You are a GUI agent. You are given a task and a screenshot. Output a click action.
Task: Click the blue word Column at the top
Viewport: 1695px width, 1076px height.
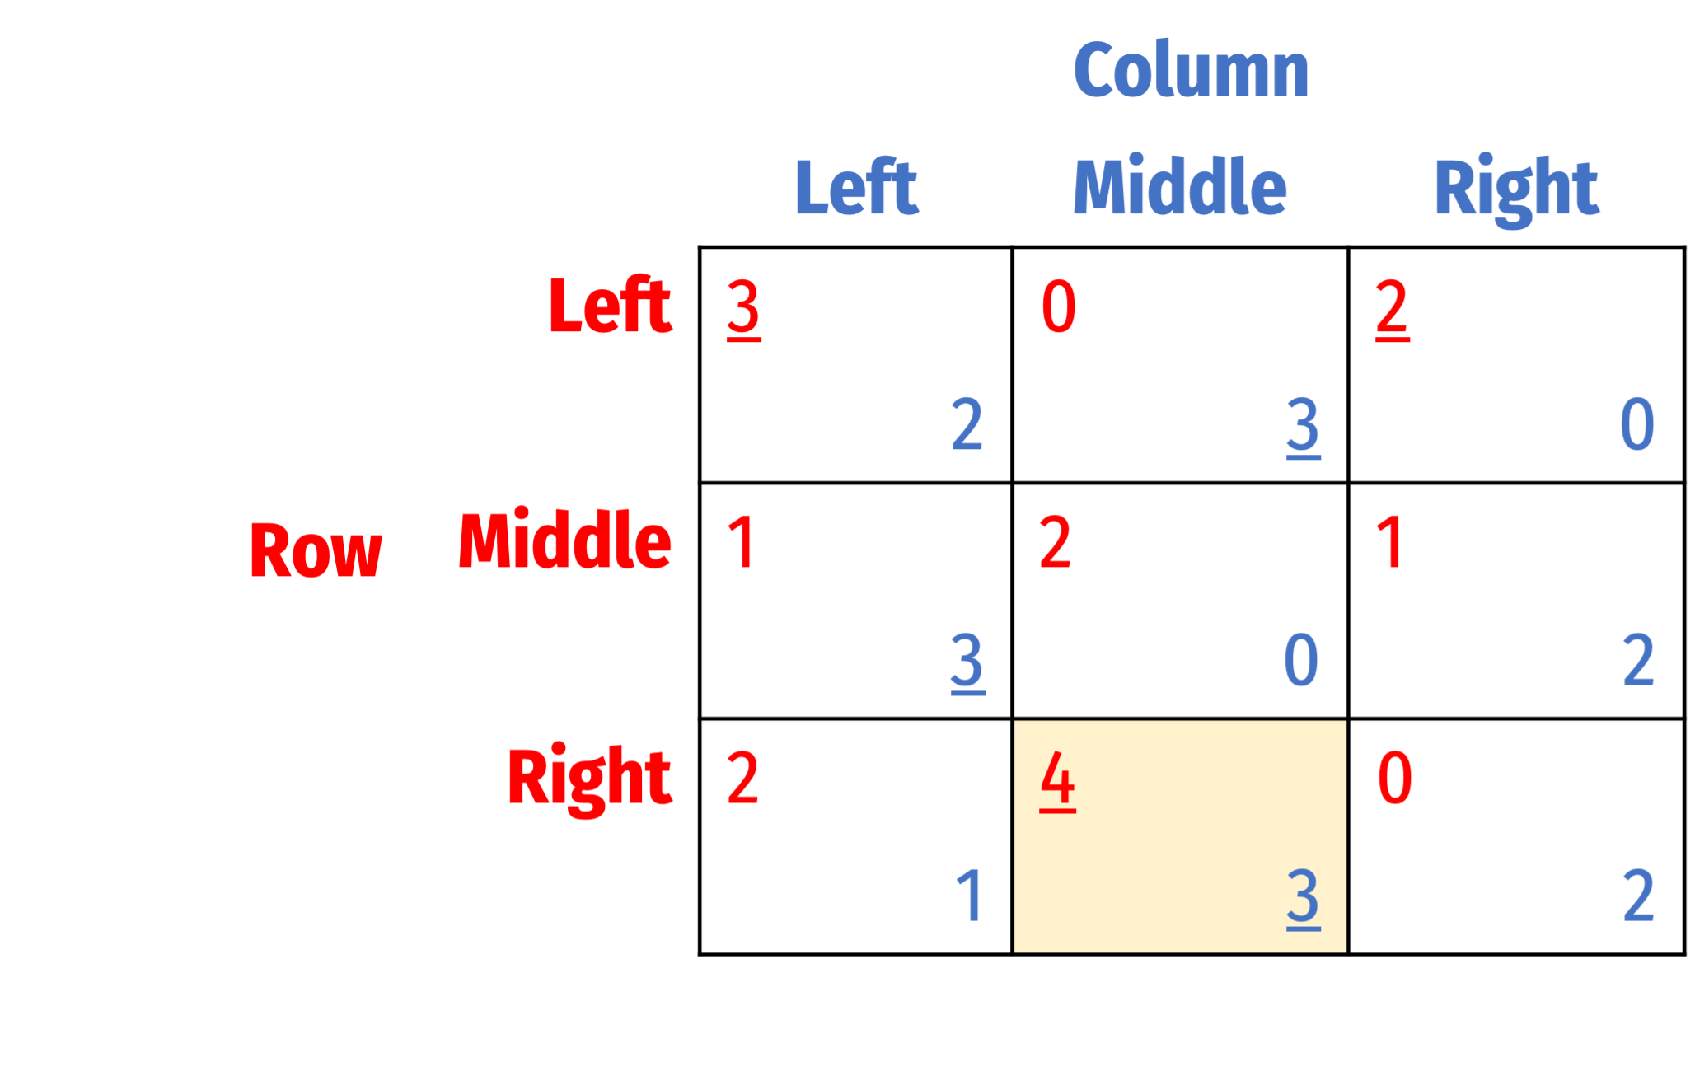pos(1191,70)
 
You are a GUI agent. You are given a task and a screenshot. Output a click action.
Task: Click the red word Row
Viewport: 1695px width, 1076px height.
pos(316,550)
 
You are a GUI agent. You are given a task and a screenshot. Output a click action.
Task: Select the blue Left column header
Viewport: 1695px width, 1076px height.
pos(856,187)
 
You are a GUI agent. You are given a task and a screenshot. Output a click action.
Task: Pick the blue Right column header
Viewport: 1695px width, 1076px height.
pos(1516,190)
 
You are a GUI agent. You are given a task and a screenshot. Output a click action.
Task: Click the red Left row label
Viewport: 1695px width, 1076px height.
pos(610,305)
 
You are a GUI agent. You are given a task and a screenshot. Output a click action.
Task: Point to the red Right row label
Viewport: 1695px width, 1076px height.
pos(589,779)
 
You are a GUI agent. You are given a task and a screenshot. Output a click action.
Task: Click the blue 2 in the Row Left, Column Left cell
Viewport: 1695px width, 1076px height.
pos(967,424)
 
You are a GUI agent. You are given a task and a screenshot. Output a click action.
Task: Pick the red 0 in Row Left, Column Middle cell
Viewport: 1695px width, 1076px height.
pos(1059,306)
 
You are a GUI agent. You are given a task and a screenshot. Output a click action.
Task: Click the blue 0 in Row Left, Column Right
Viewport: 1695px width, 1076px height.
pos(1637,424)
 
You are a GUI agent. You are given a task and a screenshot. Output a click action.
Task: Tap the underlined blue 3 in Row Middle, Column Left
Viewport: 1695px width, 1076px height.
pos(967,662)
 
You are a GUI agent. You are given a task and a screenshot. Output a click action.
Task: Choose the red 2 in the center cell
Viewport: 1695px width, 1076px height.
pos(1056,542)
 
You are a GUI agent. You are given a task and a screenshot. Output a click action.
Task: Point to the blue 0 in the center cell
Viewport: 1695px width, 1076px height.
pos(1301,660)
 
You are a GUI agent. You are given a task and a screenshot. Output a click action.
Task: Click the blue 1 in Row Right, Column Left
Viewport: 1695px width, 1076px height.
pos(969,895)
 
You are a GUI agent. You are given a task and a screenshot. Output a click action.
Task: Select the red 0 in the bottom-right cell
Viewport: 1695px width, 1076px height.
pos(1395,778)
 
